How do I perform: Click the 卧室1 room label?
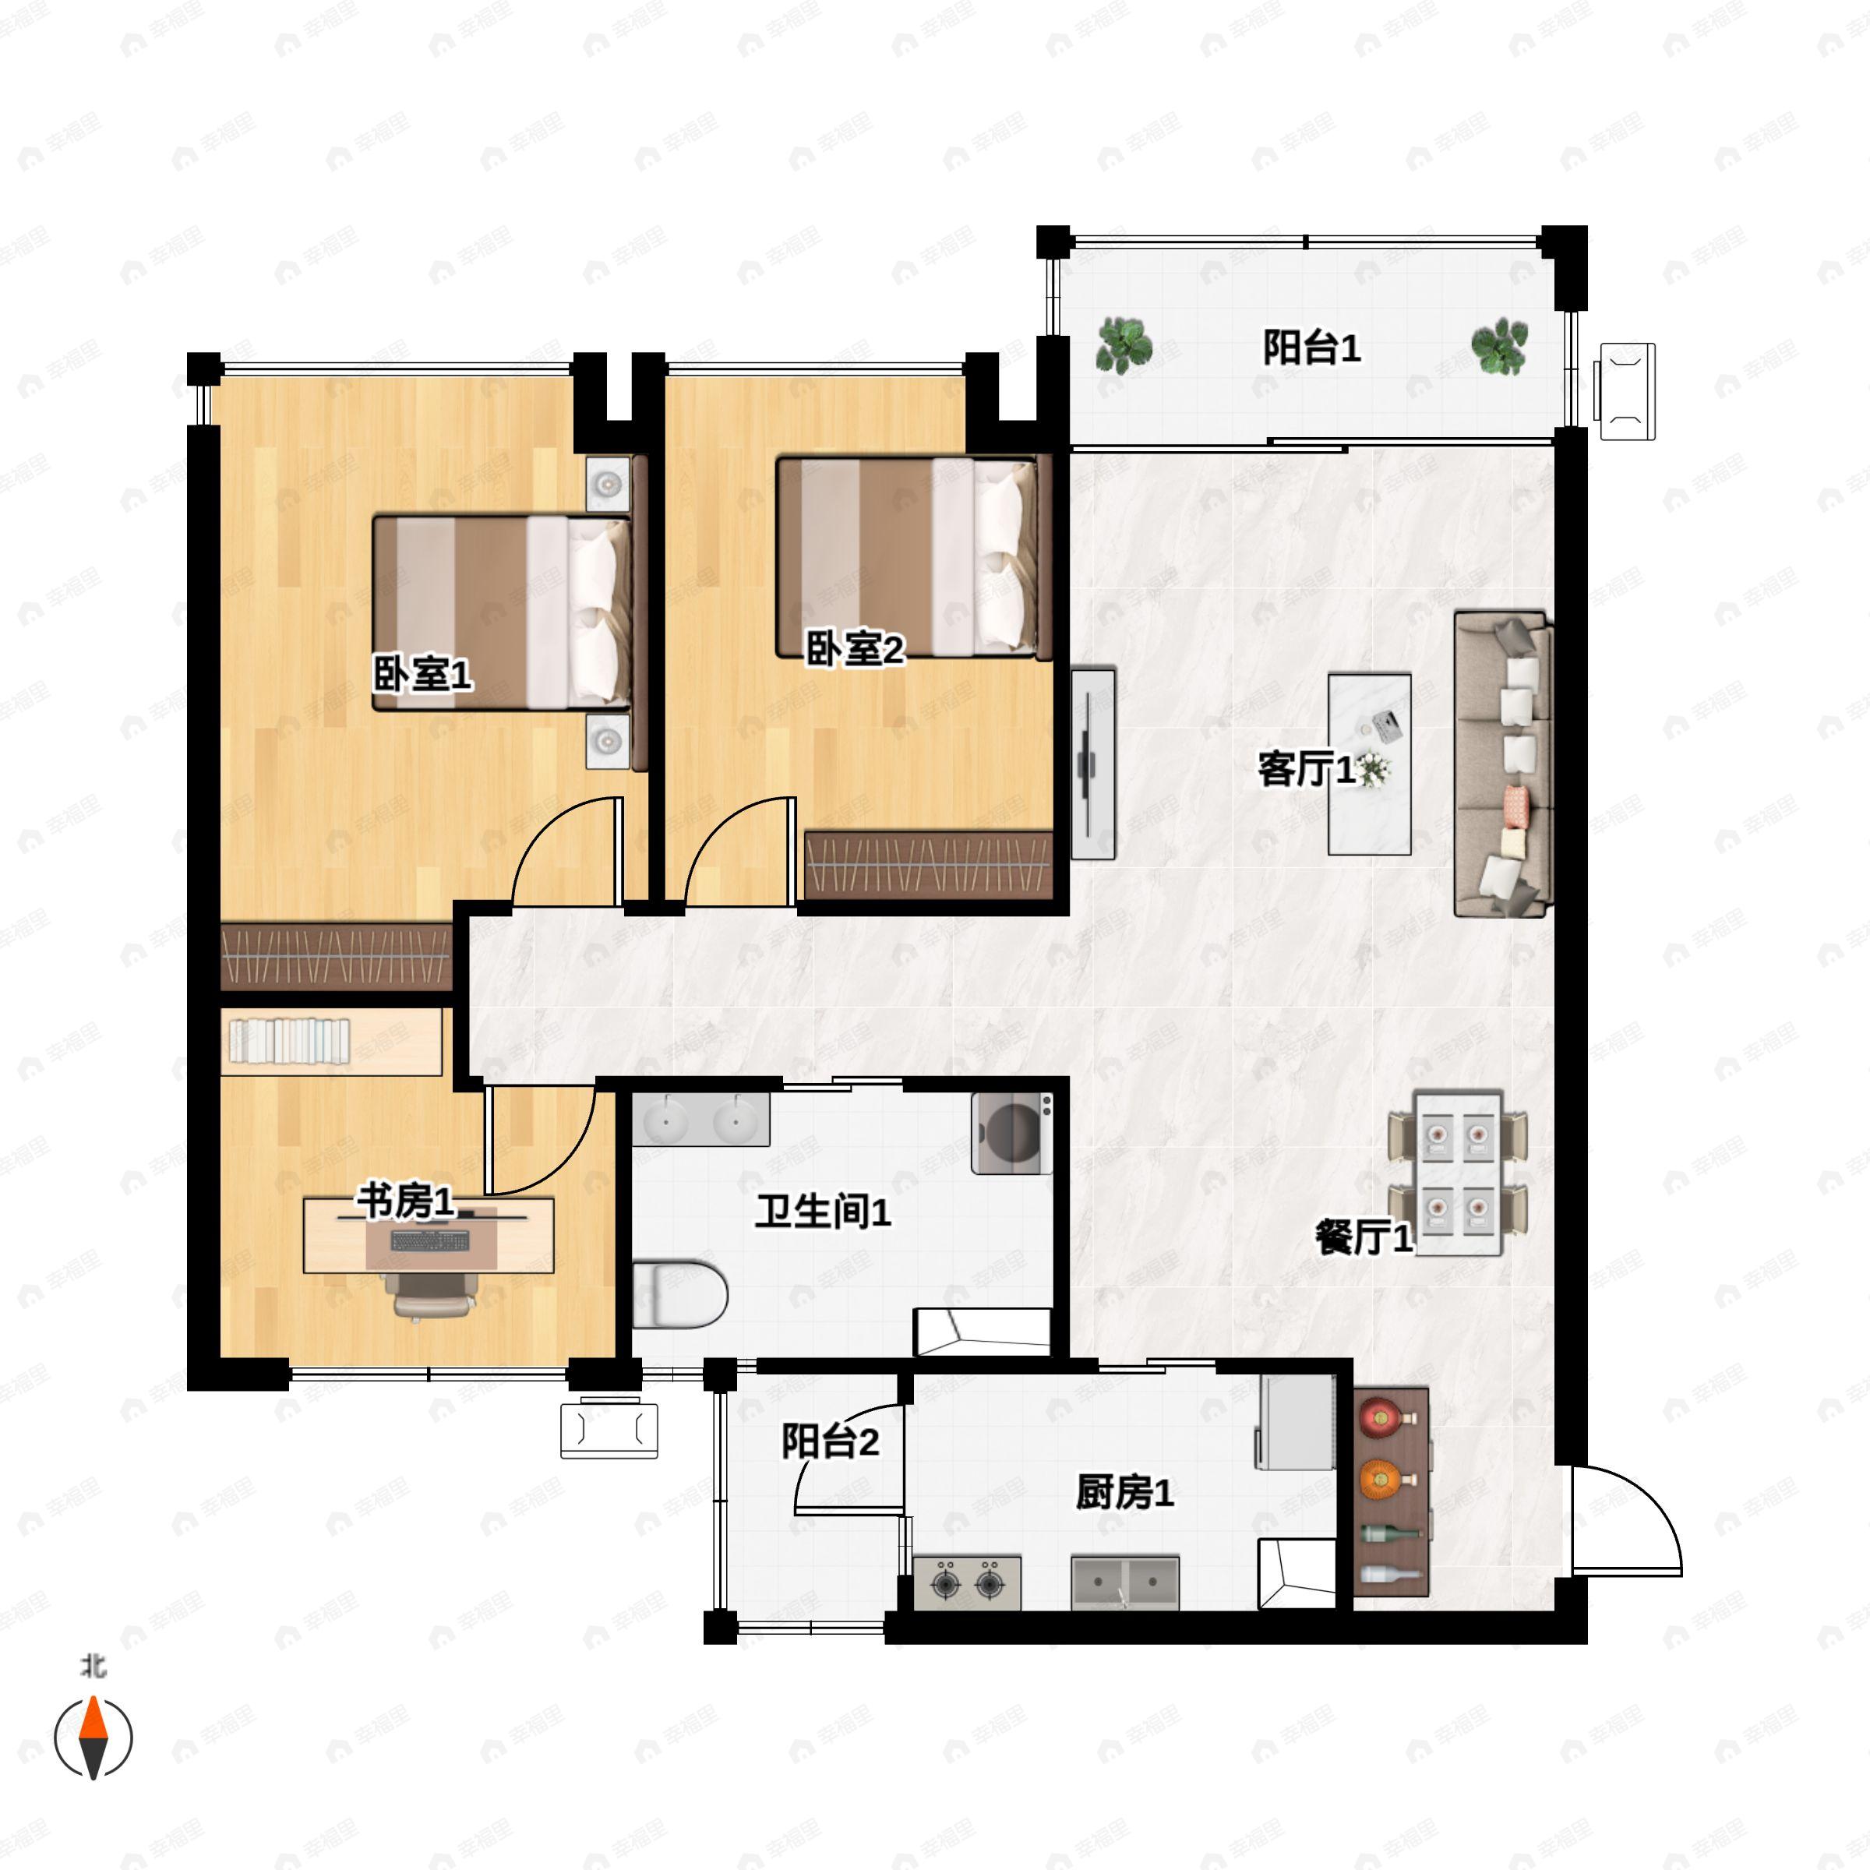tap(423, 674)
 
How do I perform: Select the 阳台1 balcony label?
tap(1311, 348)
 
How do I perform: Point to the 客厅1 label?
tap(1307, 770)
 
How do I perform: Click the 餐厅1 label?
tap(1364, 1237)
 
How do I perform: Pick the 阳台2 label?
tap(831, 1441)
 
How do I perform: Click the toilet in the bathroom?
tap(679, 1294)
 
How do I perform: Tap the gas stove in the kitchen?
tap(967, 1583)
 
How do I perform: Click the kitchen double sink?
tap(1124, 1583)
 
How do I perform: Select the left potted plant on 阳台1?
tap(1124, 344)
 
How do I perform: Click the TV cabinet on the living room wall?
tap(1092, 763)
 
